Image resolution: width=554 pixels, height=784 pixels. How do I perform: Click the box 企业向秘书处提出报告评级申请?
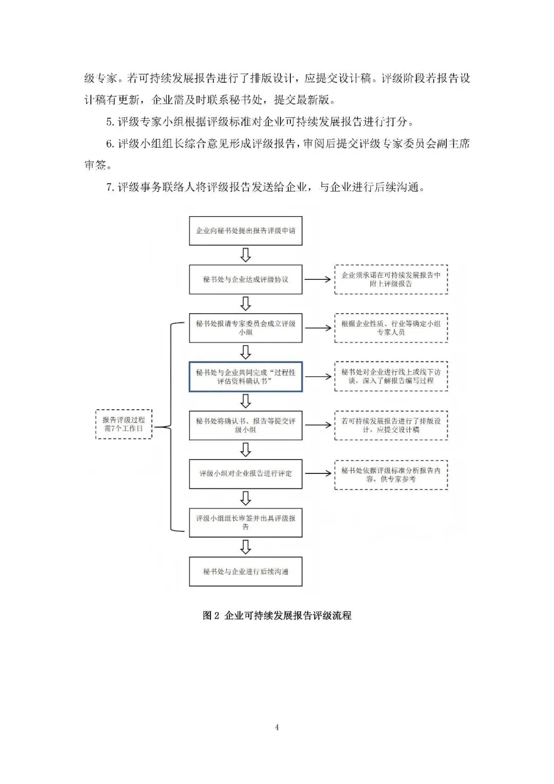click(x=245, y=231)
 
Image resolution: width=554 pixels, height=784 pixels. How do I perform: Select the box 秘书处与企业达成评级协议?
click(x=245, y=279)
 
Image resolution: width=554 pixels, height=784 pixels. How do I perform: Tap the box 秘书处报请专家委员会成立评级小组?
click(x=245, y=328)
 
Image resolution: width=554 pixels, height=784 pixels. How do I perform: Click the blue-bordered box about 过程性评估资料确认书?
click(x=245, y=376)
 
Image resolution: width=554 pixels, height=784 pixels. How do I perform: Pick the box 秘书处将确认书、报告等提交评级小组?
click(x=245, y=425)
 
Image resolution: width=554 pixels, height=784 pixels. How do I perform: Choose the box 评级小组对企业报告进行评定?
click(x=245, y=473)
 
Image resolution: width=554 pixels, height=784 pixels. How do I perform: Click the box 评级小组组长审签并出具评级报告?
click(x=245, y=523)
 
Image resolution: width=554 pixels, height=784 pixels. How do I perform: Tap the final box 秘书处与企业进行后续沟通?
click(x=245, y=571)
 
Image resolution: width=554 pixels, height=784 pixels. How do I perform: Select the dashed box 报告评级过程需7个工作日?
click(x=124, y=424)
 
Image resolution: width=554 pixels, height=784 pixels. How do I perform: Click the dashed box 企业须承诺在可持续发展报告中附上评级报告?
click(x=391, y=279)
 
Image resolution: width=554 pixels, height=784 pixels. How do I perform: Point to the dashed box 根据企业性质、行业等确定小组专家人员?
click(x=391, y=328)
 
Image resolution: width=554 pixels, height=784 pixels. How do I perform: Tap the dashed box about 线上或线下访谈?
click(x=391, y=376)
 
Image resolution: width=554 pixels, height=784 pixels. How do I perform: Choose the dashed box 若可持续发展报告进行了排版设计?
click(x=391, y=425)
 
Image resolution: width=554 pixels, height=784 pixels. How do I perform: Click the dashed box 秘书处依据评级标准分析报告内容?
click(x=391, y=474)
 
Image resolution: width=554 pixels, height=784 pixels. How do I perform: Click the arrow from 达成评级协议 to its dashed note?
click(x=318, y=279)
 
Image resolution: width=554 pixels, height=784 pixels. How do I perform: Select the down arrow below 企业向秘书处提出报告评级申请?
click(x=246, y=255)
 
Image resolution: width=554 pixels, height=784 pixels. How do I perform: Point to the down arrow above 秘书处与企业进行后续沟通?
click(x=246, y=547)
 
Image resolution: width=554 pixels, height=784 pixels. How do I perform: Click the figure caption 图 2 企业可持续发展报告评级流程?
click(x=277, y=615)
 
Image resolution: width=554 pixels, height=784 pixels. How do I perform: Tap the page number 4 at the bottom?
click(x=277, y=727)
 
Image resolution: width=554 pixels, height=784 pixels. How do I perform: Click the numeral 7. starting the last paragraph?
click(x=110, y=187)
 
